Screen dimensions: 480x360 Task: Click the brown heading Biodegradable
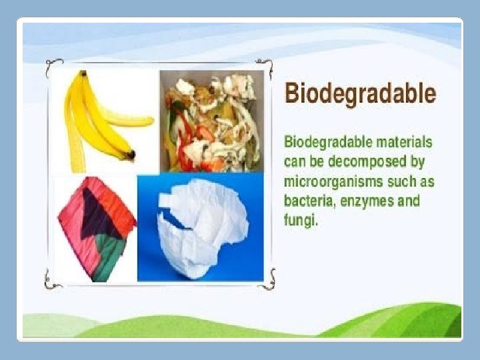point(360,94)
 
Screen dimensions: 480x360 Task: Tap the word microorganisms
point(333,182)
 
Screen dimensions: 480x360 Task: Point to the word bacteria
point(309,201)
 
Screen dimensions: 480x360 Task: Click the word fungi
point(301,220)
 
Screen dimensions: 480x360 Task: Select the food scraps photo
point(211,121)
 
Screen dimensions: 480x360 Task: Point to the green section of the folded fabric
point(109,257)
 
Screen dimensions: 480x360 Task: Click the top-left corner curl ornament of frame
point(53,67)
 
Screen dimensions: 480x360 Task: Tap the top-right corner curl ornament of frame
point(265,68)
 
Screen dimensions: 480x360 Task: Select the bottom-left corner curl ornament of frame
point(52,280)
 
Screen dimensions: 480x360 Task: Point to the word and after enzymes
point(409,201)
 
